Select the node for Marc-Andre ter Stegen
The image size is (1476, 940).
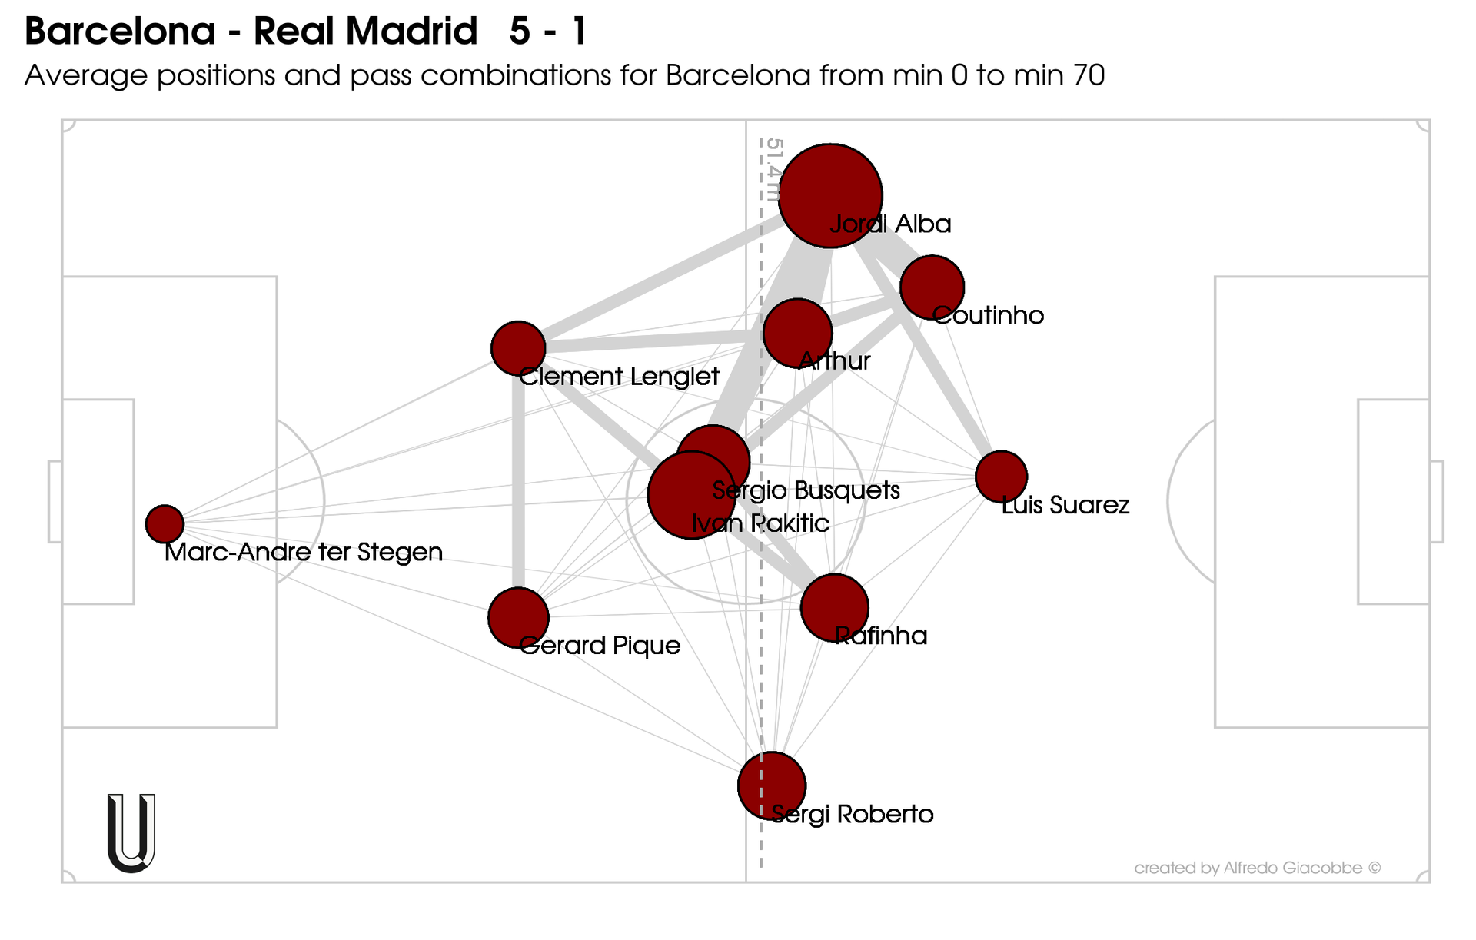click(165, 524)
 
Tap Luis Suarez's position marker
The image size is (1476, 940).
click(1001, 477)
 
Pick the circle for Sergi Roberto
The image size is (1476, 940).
click(771, 786)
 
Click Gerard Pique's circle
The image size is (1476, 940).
click(518, 617)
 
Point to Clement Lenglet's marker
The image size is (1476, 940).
click(518, 348)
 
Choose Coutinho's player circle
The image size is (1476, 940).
click(932, 287)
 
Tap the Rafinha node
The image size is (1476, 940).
click(834, 607)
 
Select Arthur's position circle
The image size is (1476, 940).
click(797, 333)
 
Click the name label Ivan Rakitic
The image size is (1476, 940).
click(760, 523)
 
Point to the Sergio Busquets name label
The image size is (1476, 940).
click(806, 490)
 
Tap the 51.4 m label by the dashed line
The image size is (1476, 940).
click(773, 169)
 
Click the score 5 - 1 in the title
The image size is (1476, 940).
click(548, 32)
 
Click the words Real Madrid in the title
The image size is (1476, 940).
click(365, 32)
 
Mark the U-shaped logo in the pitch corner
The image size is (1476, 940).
click(131, 833)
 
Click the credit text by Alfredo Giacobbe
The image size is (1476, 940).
click(1257, 868)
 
